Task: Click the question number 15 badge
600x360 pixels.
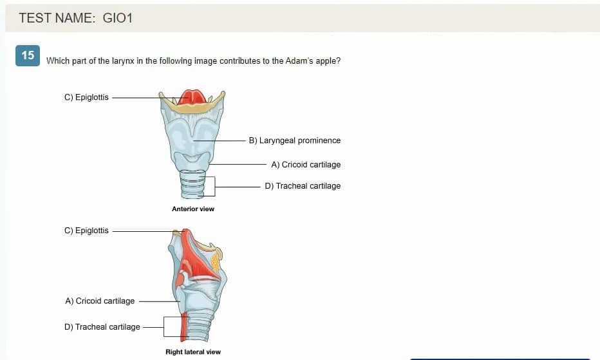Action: (x=28, y=55)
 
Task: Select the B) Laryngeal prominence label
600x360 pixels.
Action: (x=295, y=140)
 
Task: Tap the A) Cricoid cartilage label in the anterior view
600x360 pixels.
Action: (x=306, y=165)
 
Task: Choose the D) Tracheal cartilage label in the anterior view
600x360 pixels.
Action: (x=303, y=186)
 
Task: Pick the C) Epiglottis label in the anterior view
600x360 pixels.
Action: (x=86, y=97)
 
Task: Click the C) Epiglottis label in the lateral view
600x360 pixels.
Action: (x=86, y=231)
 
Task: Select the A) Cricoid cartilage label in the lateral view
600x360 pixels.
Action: (x=100, y=301)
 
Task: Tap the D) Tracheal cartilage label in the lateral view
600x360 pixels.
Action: (x=102, y=327)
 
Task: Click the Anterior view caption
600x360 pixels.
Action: (x=193, y=209)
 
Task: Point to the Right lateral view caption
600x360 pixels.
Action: (x=193, y=352)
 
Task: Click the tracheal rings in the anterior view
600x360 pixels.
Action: (x=193, y=184)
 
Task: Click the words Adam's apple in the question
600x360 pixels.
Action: (x=313, y=61)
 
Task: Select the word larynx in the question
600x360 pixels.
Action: (x=123, y=61)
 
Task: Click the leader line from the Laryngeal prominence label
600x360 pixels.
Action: (x=220, y=140)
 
